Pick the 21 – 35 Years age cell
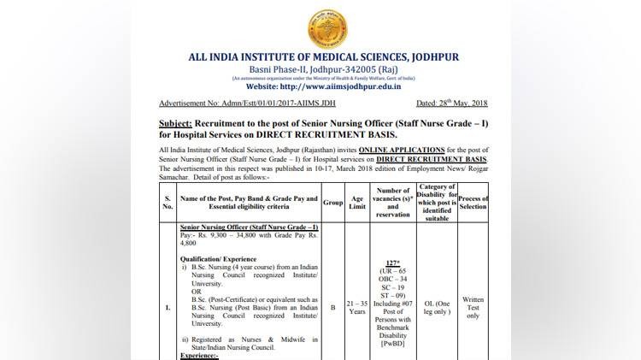click(357, 310)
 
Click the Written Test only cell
click(473, 310)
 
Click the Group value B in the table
click(332, 310)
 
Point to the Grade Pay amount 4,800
click(191, 242)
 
